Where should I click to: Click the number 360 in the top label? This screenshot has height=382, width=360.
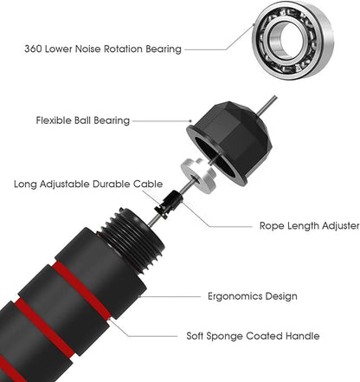33,49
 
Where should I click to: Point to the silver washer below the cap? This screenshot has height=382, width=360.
198,174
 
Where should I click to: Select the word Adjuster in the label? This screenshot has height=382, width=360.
341,226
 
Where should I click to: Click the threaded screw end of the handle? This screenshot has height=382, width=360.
133,240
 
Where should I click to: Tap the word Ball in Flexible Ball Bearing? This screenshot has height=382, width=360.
82,120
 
